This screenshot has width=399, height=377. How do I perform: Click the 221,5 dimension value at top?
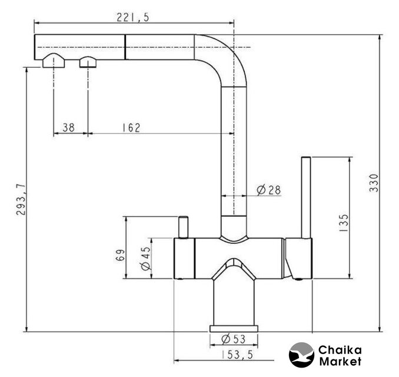click(x=132, y=18)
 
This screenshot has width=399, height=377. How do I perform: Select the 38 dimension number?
click(x=68, y=127)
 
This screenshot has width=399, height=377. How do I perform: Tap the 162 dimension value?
click(x=131, y=128)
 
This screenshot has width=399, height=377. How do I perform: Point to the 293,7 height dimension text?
click(x=21, y=200)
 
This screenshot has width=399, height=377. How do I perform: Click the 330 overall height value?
click(x=374, y=183)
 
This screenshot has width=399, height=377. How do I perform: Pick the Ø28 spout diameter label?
click(x=269, y=190)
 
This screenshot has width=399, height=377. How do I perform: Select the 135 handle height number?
click(x=344, y=223)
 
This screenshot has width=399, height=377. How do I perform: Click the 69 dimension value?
click(x=120, y=255)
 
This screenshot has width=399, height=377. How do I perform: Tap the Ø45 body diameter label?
click(x=146, y=258)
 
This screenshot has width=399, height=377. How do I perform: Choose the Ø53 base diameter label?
click(x=234, y=339)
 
